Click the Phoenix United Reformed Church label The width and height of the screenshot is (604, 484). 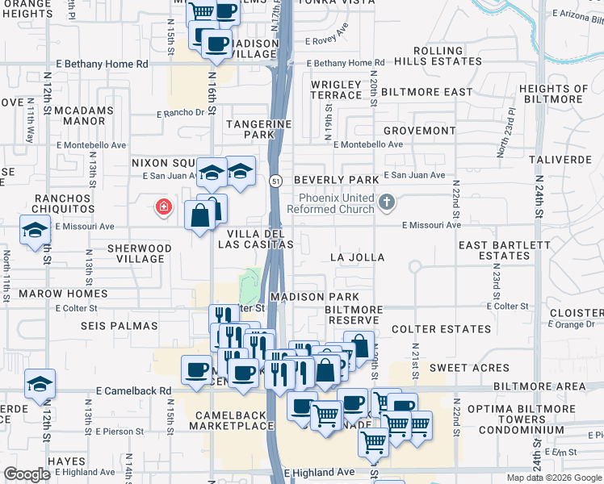[337, 203]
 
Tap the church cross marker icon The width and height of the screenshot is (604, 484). [388, 202]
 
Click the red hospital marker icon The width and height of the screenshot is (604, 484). [164, 207]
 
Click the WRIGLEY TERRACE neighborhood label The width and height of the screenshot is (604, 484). [337, 90]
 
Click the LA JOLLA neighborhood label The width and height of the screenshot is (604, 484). [357, 257]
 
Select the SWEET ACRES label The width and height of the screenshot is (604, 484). [458, 368]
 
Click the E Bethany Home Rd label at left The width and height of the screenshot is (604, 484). [103, 63]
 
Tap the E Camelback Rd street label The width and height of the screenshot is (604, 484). [134, 390]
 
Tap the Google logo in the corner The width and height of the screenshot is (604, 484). [27, 474]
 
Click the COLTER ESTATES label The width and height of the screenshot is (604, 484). [441, 329]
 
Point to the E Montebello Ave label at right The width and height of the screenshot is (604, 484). [367, 144]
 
